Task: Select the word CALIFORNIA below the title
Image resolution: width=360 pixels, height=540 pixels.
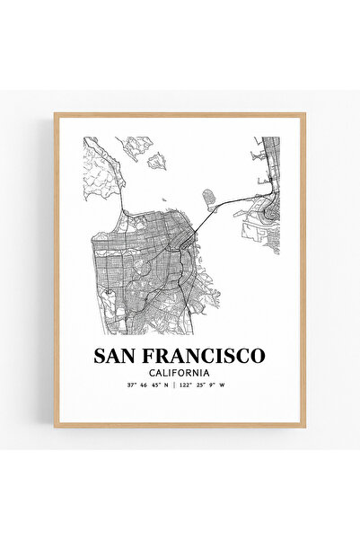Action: pyautogui.click(x=180, y=373)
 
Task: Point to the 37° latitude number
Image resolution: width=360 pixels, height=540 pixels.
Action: pyautogui.click(x=133, y=387)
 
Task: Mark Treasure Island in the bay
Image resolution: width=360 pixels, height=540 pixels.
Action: pyautogui.click(x=209, y=196)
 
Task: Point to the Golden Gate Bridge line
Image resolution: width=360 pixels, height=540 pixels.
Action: pyautogui.click(x=124, y=198)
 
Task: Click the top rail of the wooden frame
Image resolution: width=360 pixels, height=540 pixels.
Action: pyautogui.click(x=180, y=115)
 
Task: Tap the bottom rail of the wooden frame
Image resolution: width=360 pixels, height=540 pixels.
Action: pyautogui.click(x=180, y=425)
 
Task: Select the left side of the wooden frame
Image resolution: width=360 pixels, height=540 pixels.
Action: pyautogui.click(x=56, y=270)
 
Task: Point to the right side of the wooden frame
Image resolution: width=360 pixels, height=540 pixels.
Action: pyautogui.click(x=303, y=270)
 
